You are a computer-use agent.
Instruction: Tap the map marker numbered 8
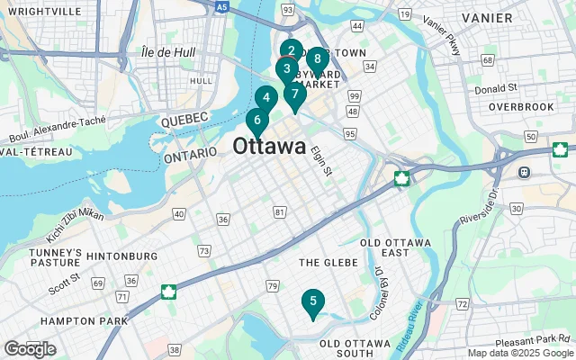(317, 60)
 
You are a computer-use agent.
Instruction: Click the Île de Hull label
(168, 52)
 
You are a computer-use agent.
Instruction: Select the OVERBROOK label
(521, 106)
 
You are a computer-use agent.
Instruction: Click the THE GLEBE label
(328, 263)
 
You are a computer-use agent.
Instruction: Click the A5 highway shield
(221, 5)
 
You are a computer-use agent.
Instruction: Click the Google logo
(30, 349)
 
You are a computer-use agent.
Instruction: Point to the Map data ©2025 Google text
(519, 353)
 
